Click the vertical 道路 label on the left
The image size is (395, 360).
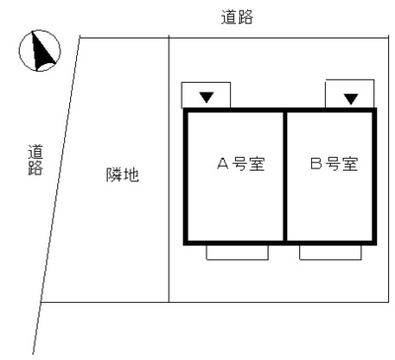[36, 159]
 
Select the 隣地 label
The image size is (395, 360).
[122, 176]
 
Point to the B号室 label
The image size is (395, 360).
[333, 164]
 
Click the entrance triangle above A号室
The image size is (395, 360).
[206, 97]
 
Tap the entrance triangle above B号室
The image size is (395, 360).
[350, 98]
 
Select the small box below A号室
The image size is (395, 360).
[237, 252]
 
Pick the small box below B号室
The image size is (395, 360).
[330, 252]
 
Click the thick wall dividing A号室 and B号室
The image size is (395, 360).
[285, 178]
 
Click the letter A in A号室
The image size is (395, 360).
[223, 164]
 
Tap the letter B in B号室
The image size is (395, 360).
[315, 164]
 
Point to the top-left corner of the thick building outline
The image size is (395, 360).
[187, 111]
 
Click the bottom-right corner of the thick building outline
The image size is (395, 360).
[374, 242]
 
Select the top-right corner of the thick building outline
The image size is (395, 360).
[374, 111]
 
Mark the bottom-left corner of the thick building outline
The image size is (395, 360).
[187, 242]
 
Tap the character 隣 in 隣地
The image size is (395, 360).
[115, 176]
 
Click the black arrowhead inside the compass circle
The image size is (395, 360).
[41, 53]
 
